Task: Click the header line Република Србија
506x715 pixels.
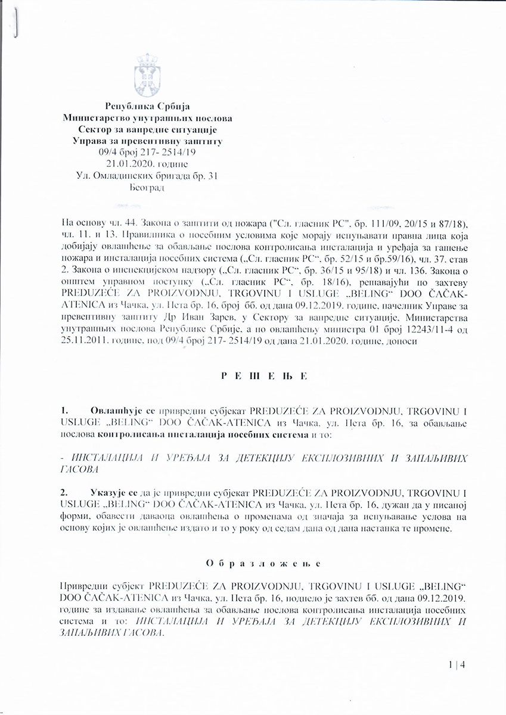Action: tap(147, 107)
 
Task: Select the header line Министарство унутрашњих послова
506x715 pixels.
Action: tap(147, 119)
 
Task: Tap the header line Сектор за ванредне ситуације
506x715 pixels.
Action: tap(147, 130)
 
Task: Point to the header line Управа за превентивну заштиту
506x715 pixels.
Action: tap(147, 141)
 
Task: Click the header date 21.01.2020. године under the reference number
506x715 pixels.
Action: tap(147, 164)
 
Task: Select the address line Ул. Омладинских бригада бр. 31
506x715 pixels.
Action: tap(147, 175)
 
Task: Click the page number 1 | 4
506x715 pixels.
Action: tap(457, 666)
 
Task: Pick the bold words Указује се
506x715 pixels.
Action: tap(113, 494)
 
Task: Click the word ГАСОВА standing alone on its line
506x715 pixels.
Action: tap(79, 470)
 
